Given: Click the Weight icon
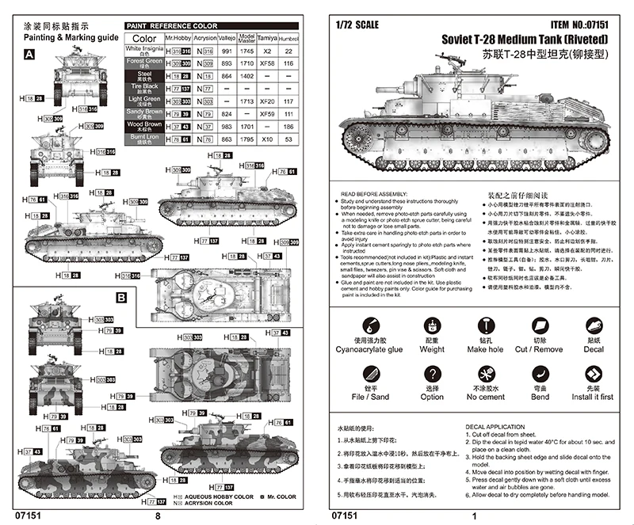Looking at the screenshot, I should point(432,325).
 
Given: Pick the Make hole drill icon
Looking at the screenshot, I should point(485,325).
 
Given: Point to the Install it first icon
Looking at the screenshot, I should point(594,374).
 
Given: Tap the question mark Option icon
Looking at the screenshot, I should point(432,374).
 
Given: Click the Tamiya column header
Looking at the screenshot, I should point(267,37).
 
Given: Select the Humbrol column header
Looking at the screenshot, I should point(288,37).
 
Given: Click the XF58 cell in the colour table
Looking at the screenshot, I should point(267,61).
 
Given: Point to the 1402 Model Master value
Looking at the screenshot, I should point(246,74).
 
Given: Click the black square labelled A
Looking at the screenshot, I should point(30,55).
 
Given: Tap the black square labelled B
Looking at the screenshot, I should point(121,298).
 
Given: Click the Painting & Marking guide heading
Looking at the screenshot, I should point(71,36).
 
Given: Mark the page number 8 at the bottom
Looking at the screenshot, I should point(157,515).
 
